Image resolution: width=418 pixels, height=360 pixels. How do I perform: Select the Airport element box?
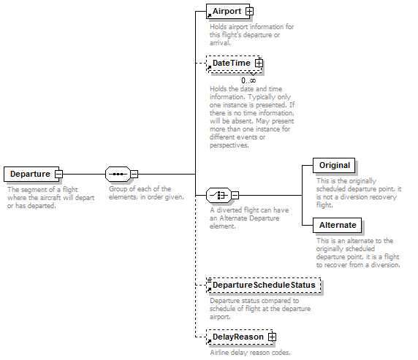point(228,11)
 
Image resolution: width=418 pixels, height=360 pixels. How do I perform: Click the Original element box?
point(334,165)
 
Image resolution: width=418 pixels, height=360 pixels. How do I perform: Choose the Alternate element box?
point(337,225)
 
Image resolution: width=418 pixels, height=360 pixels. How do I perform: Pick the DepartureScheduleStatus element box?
point(263,285)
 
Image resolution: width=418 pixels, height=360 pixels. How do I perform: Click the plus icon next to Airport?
point(249,11)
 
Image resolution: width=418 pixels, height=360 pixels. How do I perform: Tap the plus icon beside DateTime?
point(259,63)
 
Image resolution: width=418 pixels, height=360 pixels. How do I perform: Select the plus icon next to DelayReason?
point(272,337)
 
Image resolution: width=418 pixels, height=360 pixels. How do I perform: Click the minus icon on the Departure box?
point(58,174)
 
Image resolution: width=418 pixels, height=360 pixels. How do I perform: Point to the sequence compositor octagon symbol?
point(118,174)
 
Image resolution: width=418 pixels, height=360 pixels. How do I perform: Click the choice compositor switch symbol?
point(218,195)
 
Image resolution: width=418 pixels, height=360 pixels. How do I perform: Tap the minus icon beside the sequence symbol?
point(134,174)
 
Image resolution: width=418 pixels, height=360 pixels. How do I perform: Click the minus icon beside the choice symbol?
point(235,195)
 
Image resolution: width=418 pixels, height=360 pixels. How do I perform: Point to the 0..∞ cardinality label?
point(248,80)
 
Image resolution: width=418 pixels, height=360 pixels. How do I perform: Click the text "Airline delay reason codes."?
point(250,352)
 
